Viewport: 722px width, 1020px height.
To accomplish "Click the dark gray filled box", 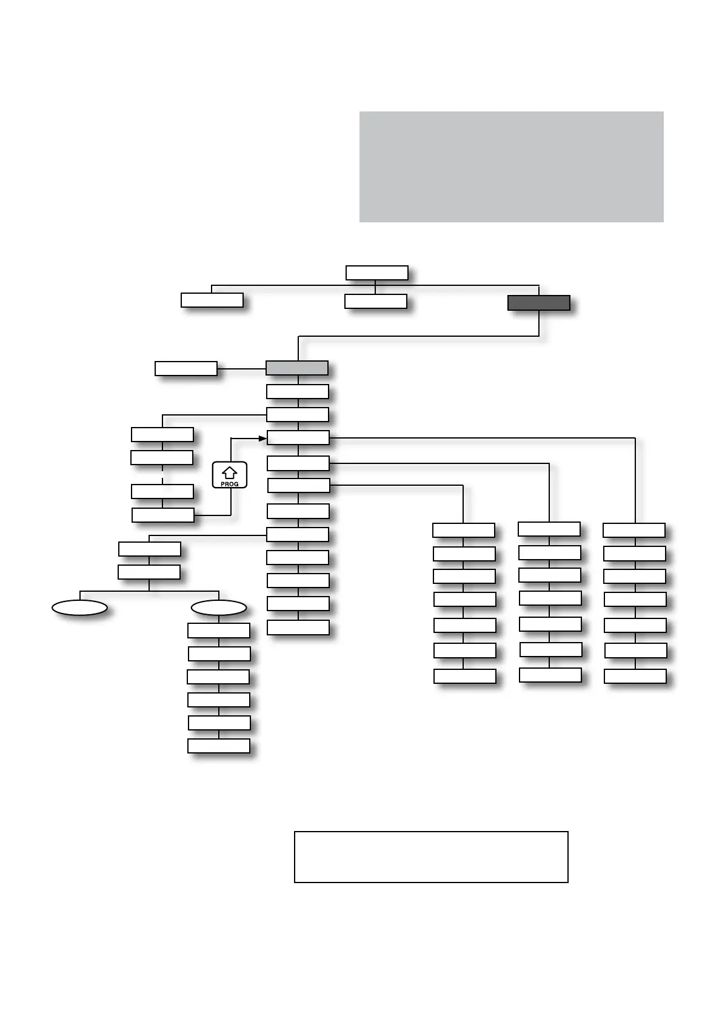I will pos(538,303).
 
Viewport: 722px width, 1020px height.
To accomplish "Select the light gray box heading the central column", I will pos(297,368).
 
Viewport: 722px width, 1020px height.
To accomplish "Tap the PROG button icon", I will pos(230,475).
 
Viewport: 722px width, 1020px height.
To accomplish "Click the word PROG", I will pos(230,484).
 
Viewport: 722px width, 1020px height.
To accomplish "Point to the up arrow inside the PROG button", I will pos(230,472).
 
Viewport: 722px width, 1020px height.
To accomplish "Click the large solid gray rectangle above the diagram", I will pos(511,167).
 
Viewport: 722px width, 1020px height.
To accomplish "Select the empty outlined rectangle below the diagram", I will pos(431,856).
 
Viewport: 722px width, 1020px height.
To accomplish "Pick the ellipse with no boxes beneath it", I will pos(80,608).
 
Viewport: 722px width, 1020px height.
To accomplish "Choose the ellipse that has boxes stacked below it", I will pos(219,608).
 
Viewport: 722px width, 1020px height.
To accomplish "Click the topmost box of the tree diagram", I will pos(376,273).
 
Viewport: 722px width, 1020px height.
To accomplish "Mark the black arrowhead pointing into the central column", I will pos(263,438).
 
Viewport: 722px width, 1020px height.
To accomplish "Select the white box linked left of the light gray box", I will pos(186,368).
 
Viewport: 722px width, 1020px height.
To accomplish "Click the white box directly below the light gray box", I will pos(298,391).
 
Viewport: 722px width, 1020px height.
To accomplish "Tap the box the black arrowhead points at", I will pos(298,437).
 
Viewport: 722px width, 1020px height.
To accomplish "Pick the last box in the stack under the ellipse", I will pos(219,746).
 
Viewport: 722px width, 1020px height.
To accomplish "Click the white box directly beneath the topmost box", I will pos(376,301).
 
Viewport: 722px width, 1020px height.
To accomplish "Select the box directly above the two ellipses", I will pos(149,572).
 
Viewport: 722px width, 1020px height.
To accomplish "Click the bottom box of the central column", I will pos(298,627).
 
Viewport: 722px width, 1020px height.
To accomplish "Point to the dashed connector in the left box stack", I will pos(162,474).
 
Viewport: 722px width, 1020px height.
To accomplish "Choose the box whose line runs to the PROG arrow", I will pos(163,515).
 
